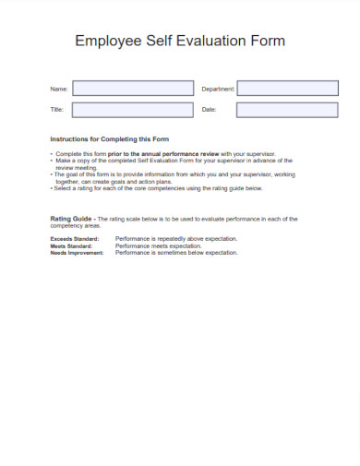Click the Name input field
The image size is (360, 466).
(134, 89)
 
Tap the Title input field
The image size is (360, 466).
(134, 110)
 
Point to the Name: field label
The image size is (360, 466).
(58, 90)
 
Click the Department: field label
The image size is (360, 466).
(218, 90)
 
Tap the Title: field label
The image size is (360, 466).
(56, 111)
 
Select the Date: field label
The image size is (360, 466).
(209, 111)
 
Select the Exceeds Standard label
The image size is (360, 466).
(72, 239)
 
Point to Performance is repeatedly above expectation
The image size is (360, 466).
(175, 239)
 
